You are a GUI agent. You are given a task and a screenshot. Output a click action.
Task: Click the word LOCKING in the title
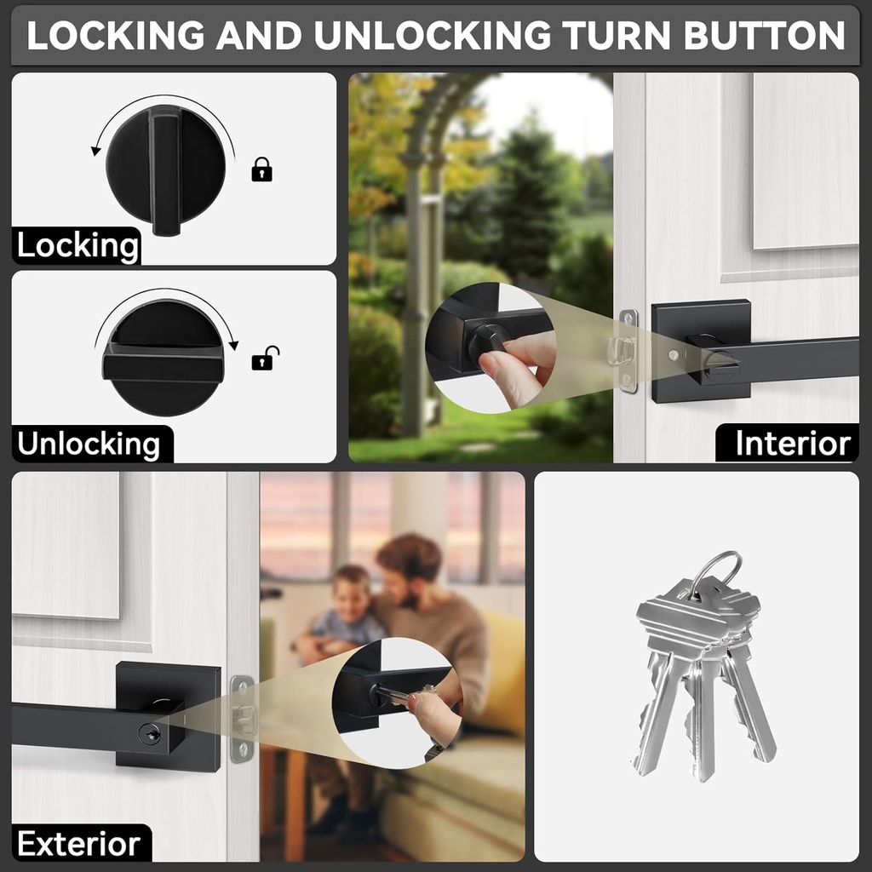click(x=116, y=35)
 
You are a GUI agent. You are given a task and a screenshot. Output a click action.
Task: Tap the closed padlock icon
click(x=261, y=169)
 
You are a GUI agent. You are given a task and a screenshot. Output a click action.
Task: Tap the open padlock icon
click(x=265, y=358)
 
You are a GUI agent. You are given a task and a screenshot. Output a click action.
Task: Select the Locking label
click(x=77, y=246)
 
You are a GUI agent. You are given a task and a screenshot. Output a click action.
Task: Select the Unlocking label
click(x=89, y=445)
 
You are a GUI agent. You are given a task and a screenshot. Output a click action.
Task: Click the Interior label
click(x=792, y=444)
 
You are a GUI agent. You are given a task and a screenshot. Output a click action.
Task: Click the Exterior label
click(x=78, y=844)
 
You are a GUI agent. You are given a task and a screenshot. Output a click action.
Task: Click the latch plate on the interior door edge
click(x=628, y=351)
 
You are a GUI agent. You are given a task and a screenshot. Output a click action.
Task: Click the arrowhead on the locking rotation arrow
click(x=96, y=151)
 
